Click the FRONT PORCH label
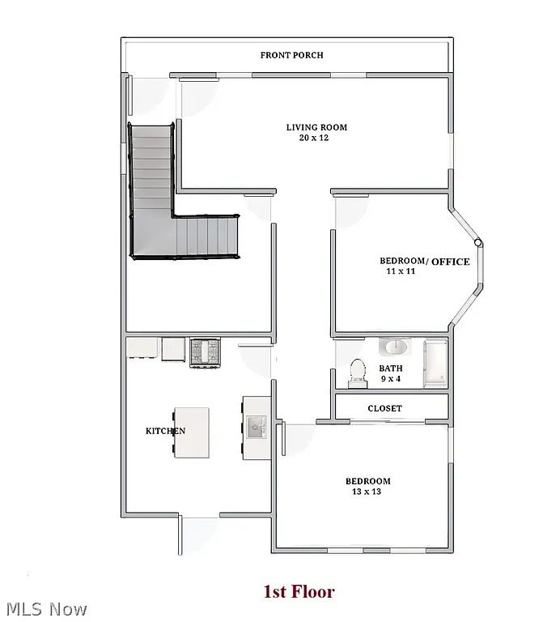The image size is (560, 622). pyautogui.click(x=291, y=55)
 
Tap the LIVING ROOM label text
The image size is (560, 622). pyautogui.click(x=316, y=127)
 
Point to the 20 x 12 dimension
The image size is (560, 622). pyautogui.click(x=313, y=138)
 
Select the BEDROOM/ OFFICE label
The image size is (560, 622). pyautogui.click(x=424, y=261)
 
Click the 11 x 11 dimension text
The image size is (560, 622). pyautogui.click(x=401, y=272)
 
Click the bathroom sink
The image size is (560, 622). pyautogui.click(x=394, y=347)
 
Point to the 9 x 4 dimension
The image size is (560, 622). pyautogui.click(x=391, y=378)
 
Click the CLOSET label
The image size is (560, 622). pyautogui.click(x=384, y=408)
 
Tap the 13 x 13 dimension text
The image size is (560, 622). pyautogui.click(x=367, y=492)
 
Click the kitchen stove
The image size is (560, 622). pyautogui.click(x=206, y=352)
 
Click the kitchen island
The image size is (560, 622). pyautogui.click(x=192, y=432)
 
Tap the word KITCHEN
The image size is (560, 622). pyautogui.click(x=165, y=431)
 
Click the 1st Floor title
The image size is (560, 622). pyautogui.click(x=299, y=592)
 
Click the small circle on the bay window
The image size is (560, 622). pyautogui.click(x=478, y=242)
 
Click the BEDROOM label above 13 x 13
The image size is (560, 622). pyautogui.click(x=368, y=481)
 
